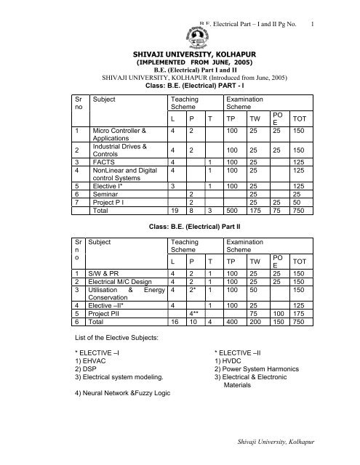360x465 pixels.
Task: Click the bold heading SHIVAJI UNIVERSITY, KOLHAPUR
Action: (x=180, y=54)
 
